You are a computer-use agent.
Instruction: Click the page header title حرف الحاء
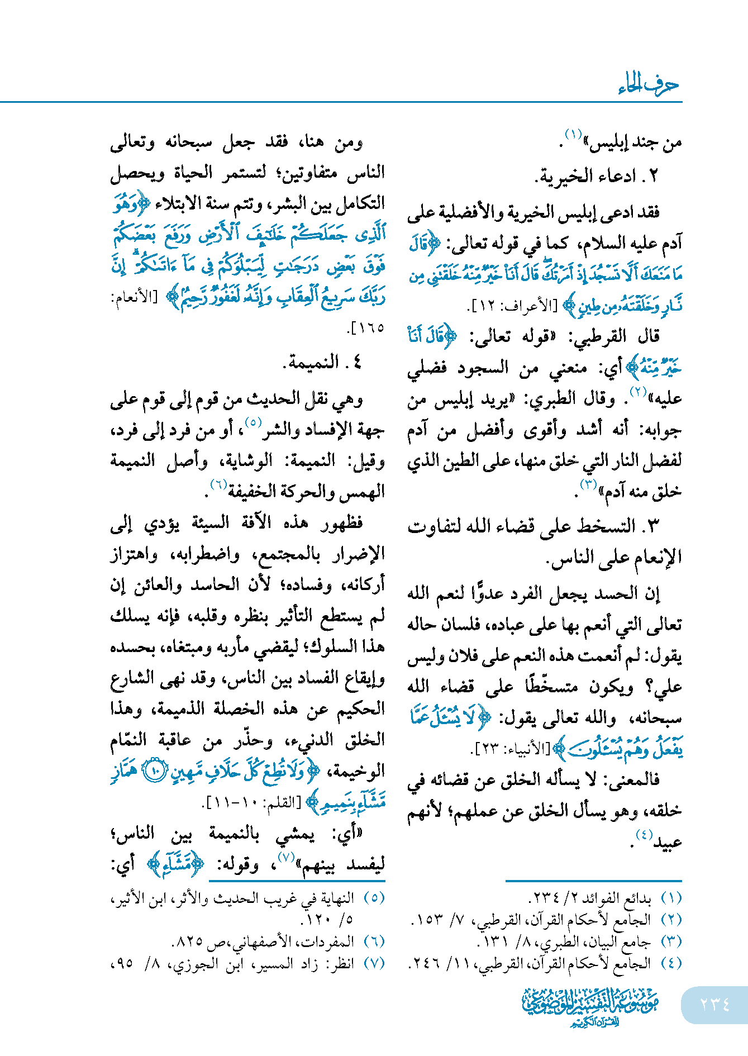point(648,85)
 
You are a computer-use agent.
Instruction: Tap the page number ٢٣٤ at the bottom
point(714,1004)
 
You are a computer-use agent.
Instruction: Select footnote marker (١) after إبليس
point(573,135)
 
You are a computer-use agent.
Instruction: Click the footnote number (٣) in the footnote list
point(671,941)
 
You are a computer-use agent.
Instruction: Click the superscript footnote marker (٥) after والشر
point(253,422)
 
